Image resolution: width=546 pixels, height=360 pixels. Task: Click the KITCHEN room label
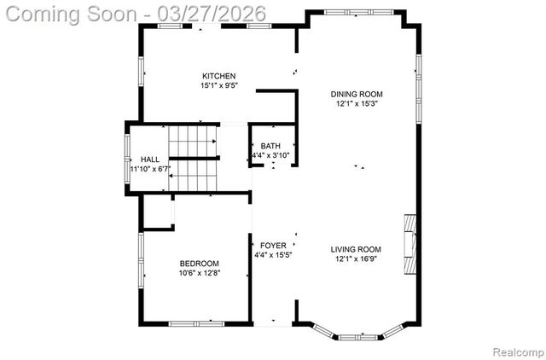point(218,76)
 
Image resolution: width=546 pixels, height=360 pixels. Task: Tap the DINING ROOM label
point(357,94)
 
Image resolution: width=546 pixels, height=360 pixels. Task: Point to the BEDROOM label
point(200,263)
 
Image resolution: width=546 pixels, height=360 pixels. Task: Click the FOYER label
point(273,246)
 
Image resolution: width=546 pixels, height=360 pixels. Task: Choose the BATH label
point(270,146)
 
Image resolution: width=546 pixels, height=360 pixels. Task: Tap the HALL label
point(150,160)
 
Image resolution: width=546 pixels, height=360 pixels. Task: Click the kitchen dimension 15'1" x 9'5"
point(218,85)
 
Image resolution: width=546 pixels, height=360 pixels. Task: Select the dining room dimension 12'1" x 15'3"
point(357,103)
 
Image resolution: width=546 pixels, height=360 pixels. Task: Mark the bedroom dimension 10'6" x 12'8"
point(200,273)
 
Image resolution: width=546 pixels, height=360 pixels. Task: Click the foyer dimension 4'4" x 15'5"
point(273,255)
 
